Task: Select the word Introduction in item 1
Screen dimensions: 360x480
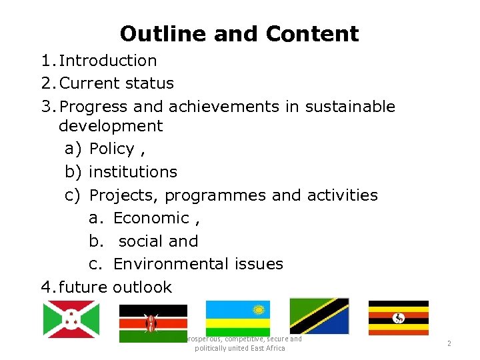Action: click(108, 61)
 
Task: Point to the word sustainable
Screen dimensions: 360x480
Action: click(350, 107)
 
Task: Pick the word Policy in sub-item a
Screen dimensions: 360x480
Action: click(111, 149)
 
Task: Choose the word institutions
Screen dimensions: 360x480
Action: click(133, 171)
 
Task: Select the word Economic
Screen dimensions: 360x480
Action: click(151, 218)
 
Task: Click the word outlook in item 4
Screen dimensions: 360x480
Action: click(142, 287)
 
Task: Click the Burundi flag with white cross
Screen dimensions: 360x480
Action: click(71, 319)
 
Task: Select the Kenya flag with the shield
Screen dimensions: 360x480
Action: click(153, 323)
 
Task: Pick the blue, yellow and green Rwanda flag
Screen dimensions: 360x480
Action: click(237, 318)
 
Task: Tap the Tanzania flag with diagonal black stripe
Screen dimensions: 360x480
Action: click(319, 316)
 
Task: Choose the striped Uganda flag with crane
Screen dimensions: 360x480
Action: click(399, 318)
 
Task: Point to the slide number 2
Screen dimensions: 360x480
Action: click(449, 343)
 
